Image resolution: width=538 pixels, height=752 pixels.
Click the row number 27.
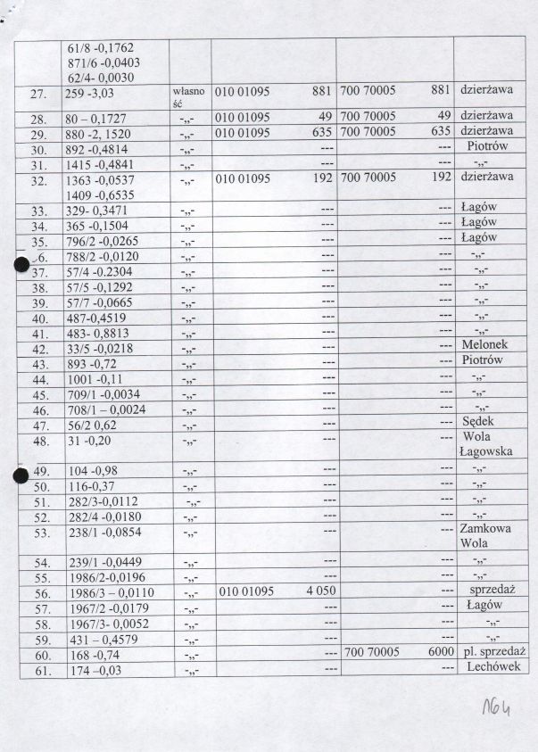[38, 93]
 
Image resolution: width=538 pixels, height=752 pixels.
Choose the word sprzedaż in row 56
[486, 591]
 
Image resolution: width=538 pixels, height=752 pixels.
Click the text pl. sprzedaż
[489, 654]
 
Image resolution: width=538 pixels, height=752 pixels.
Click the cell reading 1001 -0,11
[93, 378]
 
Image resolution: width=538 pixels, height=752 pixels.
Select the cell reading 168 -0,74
[93, 655]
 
